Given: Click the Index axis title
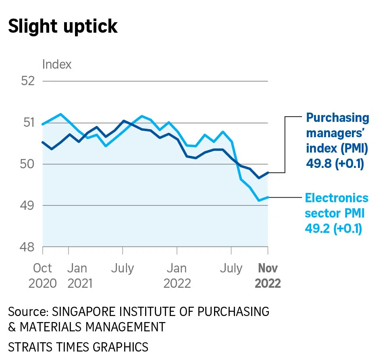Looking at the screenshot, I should [57, 64].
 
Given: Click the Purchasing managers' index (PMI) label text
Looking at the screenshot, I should [337, 133].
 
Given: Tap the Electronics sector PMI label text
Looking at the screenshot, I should [337, 206].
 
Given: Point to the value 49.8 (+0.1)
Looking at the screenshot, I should [335, 164].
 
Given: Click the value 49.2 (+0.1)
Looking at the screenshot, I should [333, 229].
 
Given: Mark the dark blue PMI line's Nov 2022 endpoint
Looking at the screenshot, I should [268, 173].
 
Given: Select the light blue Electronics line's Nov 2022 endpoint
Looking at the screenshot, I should [268, 197].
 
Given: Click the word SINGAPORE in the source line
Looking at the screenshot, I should [87, 312].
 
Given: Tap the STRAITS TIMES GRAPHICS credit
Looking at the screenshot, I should [78, 347].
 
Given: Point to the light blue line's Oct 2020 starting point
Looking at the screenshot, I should [43, 124].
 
